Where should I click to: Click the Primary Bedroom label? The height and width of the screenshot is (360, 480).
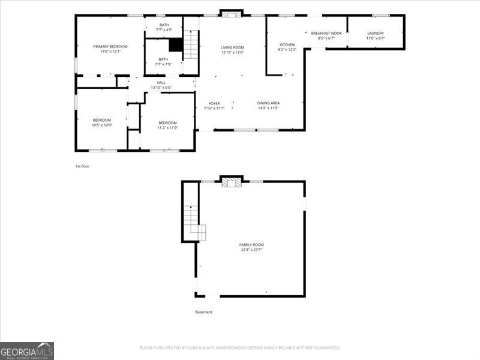pyautogui.click(x=110, y=46)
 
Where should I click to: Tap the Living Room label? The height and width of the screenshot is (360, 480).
pyautogui.click(x=232, y=47)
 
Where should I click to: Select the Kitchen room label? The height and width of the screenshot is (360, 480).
pyautogui.click(x=287, y=44)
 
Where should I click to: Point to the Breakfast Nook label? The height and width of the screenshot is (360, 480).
pyautogui.click(x=326, y=33)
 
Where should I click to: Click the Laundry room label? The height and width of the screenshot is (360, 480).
pyautogui.click(x=376, y=33)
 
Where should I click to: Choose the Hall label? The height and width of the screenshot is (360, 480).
pyautogui.click(x=161, y=83)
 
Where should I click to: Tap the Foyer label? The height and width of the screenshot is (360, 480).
pyautogui.click(x=214, y=103)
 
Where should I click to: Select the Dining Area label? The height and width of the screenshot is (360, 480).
pyautogui.click(x=268, y=103)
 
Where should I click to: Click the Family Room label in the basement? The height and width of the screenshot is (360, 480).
pyautogui.click(x=251, y=244)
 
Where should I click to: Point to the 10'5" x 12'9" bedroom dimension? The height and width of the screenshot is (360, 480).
pyautogui.click(x=102, y=125)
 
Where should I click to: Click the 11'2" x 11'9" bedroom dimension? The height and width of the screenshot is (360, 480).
pyautogui.click(x=167, y=128)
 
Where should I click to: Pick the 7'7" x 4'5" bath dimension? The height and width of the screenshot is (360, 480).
pyautogui.click(x=164, y=29)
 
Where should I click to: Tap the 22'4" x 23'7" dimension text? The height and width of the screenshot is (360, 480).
pyautogui.click(x=251, y=250)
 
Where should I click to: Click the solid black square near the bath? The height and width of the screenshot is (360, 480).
pyautogui.click(x=175, y=45)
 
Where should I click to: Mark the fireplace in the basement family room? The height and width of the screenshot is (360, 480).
pyautogui.click(x=229, y=182)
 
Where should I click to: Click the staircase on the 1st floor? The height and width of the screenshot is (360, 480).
pyautogui.click(x=191, y=45)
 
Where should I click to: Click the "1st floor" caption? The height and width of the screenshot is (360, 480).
pyautogui.click(x=82, y=166)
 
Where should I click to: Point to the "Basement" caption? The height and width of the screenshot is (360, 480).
pyautogui.click(x=203, y=312)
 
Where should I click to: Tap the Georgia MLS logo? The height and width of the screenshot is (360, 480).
pyautogui.click(x=27, y=350)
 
